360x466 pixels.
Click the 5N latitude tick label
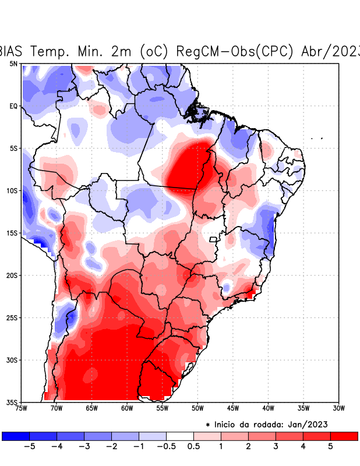[13, 63]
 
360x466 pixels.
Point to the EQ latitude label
[13, 106]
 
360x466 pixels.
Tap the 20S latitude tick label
[12, 275]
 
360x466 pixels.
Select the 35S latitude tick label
[12, 402]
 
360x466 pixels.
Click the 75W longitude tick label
[21, 408]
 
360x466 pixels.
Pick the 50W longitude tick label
[197, 408]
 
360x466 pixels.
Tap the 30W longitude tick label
[338, 408]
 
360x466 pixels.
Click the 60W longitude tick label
[127, 408]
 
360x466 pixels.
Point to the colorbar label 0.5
[193, 446]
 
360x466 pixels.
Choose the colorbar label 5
[331, 446]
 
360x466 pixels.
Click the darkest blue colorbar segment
[16, 436]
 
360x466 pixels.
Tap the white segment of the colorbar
[179, 436]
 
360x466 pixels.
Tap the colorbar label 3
[276, 446]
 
